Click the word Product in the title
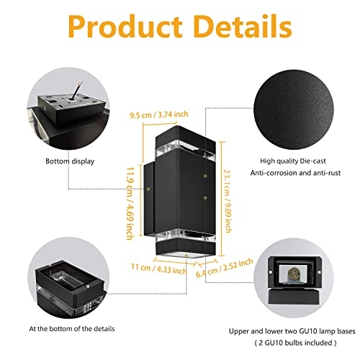pos(125,27)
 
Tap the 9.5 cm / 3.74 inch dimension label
pos(159,114)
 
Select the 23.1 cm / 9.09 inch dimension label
pos(228,201)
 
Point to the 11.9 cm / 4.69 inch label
pos(130,204)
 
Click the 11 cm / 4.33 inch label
pos(158,269)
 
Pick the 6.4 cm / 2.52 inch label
pos(225,268)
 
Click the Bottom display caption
pos(70,161)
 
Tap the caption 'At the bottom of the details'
pos(72,328)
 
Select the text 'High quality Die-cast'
pos(293,161)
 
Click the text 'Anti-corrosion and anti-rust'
pos(295,173)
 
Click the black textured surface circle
pos(294,109)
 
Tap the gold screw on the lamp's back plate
pos(149,189)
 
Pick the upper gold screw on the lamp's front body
pos(204,176)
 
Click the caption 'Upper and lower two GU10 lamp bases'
pos(292,331)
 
